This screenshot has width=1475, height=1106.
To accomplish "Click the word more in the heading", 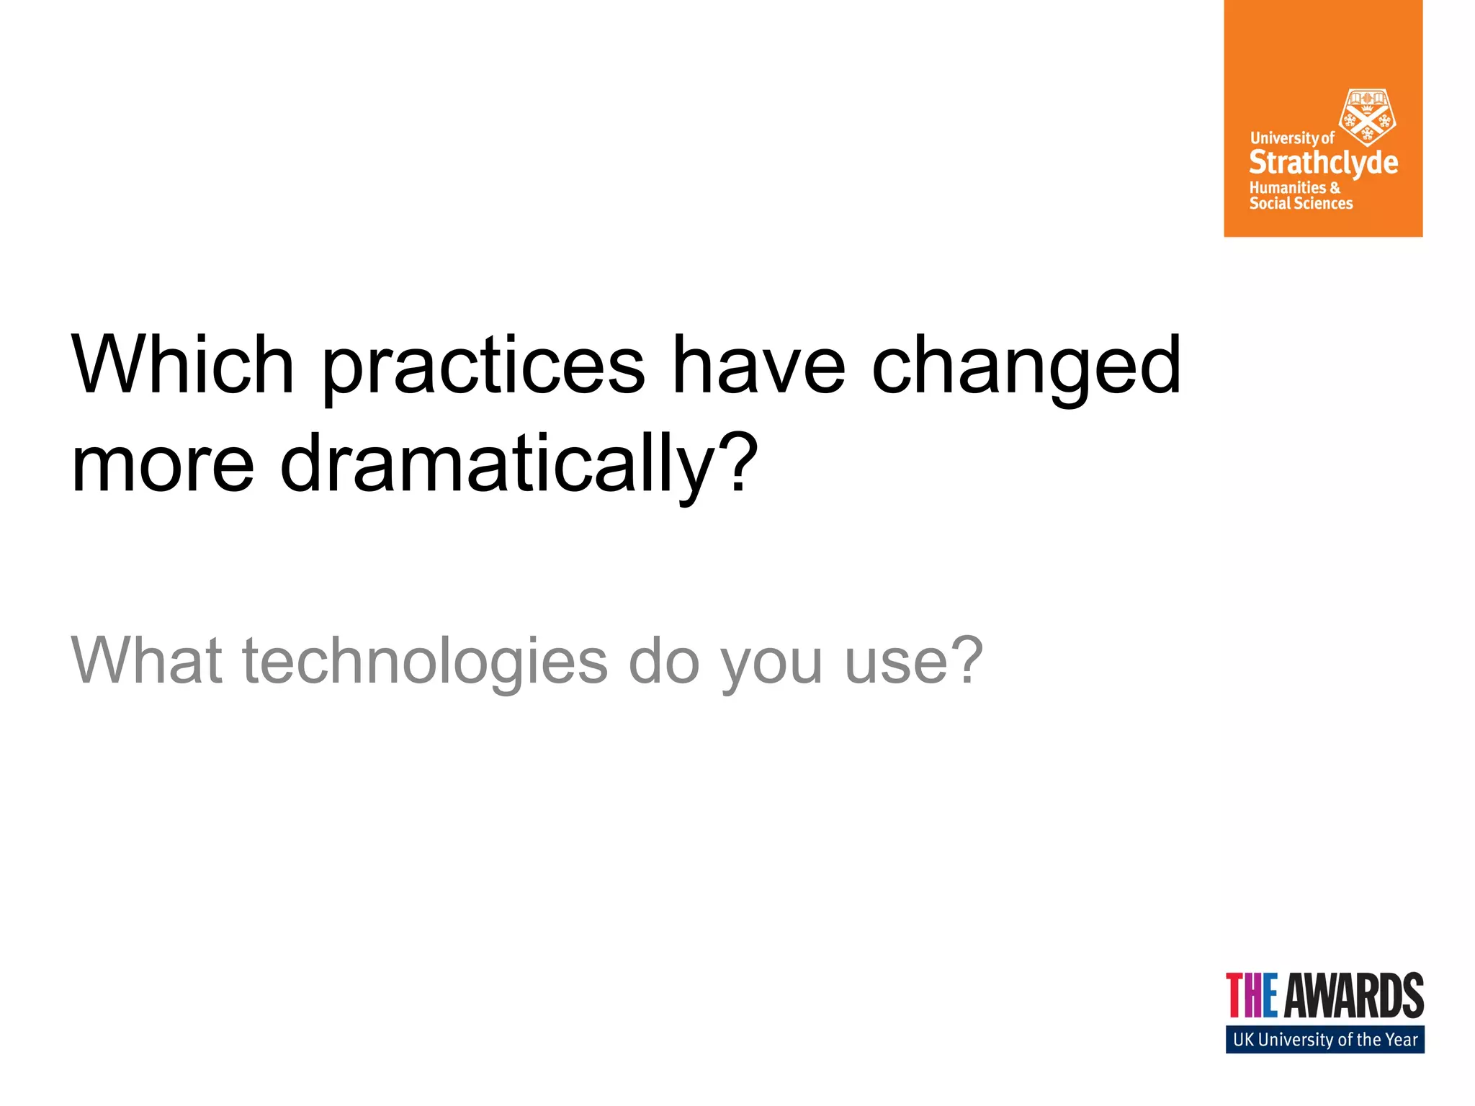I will coord(163,464).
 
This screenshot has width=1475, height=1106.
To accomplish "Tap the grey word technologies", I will coord(425,662).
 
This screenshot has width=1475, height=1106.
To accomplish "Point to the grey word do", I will coord(663,660).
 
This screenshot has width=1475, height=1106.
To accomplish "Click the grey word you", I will coord(771,666).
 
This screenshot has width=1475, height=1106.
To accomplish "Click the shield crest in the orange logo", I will coord(1366,117).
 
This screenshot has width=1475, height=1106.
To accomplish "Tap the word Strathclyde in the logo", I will coord(1323,163).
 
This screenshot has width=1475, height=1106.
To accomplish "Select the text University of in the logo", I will coord(1291,138).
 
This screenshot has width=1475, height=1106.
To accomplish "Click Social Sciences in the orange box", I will coord(1301,204).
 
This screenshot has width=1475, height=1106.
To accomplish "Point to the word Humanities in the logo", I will coord(1287,187).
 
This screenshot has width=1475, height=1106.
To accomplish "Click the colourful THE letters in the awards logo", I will coord(1252,996).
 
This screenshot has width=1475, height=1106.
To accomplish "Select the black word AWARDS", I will coord(1354,996).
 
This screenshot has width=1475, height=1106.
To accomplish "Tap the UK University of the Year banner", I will coord(1324,1040).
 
